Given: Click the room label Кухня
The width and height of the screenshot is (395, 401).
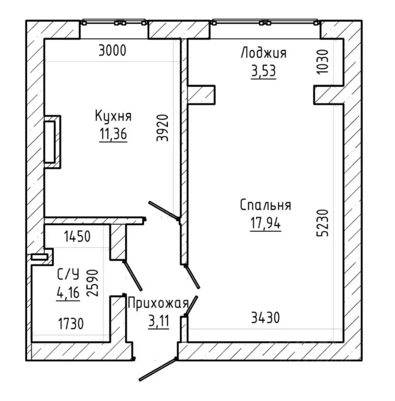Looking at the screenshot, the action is pos(113,116).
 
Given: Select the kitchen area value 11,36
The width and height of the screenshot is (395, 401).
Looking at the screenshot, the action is pos(113,134).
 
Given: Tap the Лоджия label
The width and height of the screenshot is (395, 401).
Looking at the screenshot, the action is pos(264,53).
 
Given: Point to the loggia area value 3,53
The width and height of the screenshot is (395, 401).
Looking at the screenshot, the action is pos(264,71).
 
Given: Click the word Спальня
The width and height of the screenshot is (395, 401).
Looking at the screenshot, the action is pos(265,205).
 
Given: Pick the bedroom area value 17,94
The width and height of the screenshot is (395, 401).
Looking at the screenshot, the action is pos(265,223).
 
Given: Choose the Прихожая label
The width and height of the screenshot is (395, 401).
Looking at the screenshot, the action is pos(158,303).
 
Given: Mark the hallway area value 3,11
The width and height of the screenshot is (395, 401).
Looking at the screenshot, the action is pos(158,321).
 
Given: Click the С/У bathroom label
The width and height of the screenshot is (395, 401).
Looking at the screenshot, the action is pos(68,274).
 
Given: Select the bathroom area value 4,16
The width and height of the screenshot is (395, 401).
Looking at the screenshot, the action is pos(68,292).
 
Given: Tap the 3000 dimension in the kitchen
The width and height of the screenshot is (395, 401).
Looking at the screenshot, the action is pos(112,50).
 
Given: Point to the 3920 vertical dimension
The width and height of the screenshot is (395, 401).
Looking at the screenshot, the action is pos(163,128).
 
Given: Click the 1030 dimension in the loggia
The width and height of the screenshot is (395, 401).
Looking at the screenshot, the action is pos(322,62).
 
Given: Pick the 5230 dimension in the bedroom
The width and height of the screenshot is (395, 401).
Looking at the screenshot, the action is pos(322,223).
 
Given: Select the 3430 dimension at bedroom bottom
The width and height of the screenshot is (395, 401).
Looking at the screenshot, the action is pos(265,318).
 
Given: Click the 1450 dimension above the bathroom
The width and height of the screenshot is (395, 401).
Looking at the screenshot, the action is pos(77,237).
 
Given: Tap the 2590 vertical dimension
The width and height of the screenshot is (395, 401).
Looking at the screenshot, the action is pos(92,283).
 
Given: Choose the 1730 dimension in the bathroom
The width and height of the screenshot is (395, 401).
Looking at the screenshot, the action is pos(71,324).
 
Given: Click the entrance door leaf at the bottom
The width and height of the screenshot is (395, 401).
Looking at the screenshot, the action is pos(158,370).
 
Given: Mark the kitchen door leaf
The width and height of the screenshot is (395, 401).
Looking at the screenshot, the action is pos(164,210).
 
